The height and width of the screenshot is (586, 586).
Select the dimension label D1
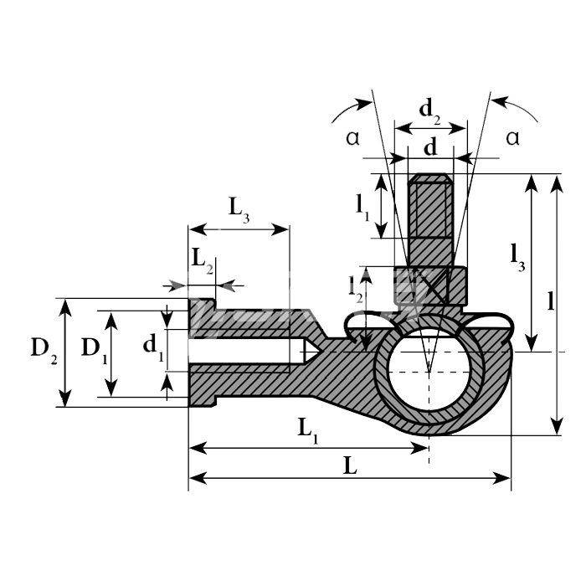coord(95,350)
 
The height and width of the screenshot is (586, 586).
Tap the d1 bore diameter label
coord(153,347)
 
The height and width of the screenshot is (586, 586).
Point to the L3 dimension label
coord(239,210)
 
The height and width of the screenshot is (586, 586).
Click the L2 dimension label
coord(203,261)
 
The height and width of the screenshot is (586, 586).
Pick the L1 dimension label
coord(308,429)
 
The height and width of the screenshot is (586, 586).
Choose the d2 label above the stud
coord(429,111)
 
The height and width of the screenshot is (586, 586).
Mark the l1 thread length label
coord(362,208)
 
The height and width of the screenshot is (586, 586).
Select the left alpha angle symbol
coord(352,138)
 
